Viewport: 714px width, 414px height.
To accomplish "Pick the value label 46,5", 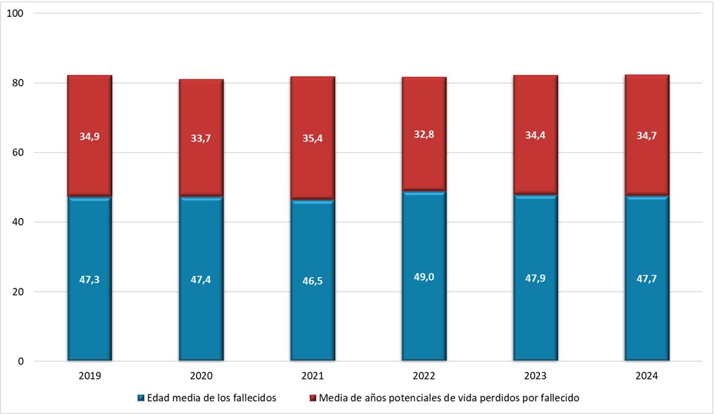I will tap(312, 280).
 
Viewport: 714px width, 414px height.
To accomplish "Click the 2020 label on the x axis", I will tap(201, 377).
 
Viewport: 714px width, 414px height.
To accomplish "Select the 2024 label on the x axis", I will tap(647, 377).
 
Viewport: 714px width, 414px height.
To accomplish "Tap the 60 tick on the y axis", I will tap(18, 153).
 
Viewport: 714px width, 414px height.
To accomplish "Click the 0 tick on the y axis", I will tap(21, 362).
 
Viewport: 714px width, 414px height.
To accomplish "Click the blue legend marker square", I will tap(140, 398).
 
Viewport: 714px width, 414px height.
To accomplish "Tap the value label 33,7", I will tap(201, 138).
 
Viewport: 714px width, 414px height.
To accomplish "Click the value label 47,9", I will tap(536, 279).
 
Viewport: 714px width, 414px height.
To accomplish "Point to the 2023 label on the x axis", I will tap(536, 377).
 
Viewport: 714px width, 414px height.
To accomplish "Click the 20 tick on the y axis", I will tap(18, 292).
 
